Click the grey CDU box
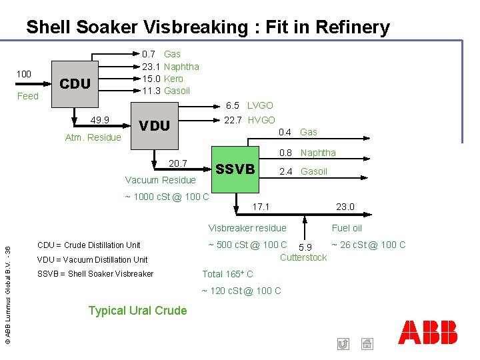(75, 84)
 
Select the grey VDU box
(154, 125)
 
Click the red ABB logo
(428, 332)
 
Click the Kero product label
(173, 79)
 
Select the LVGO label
(260, 105)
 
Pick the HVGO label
(261, 120)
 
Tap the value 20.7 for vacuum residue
(178, 163)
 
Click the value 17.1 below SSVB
(261, 207)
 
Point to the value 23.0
(345, 207)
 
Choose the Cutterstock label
(303, 257)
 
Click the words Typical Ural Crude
(137, 310)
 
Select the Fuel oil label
(347, 228)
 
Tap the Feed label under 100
(27, 96)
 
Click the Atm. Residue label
(93, 137)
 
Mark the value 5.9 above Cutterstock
(305, 247)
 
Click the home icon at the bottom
(366, 344)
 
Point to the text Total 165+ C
(227, 274)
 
